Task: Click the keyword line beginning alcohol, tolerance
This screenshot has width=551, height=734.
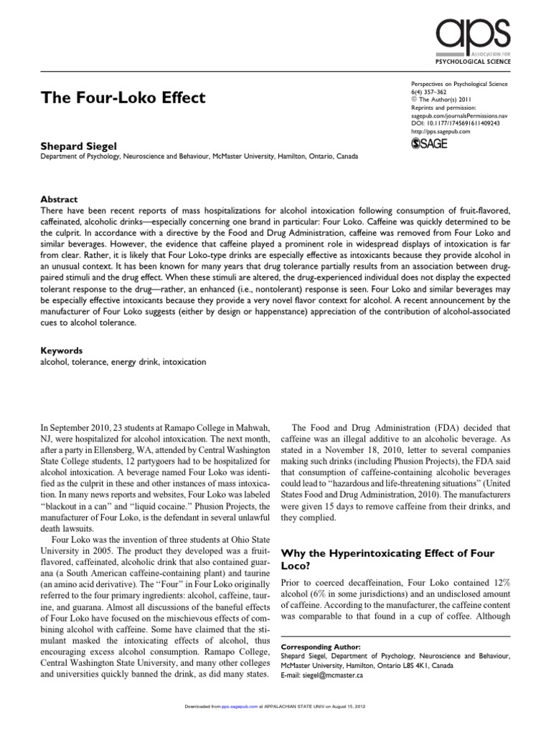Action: [122, 363]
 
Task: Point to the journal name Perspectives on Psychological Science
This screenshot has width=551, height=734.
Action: [458, 85]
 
